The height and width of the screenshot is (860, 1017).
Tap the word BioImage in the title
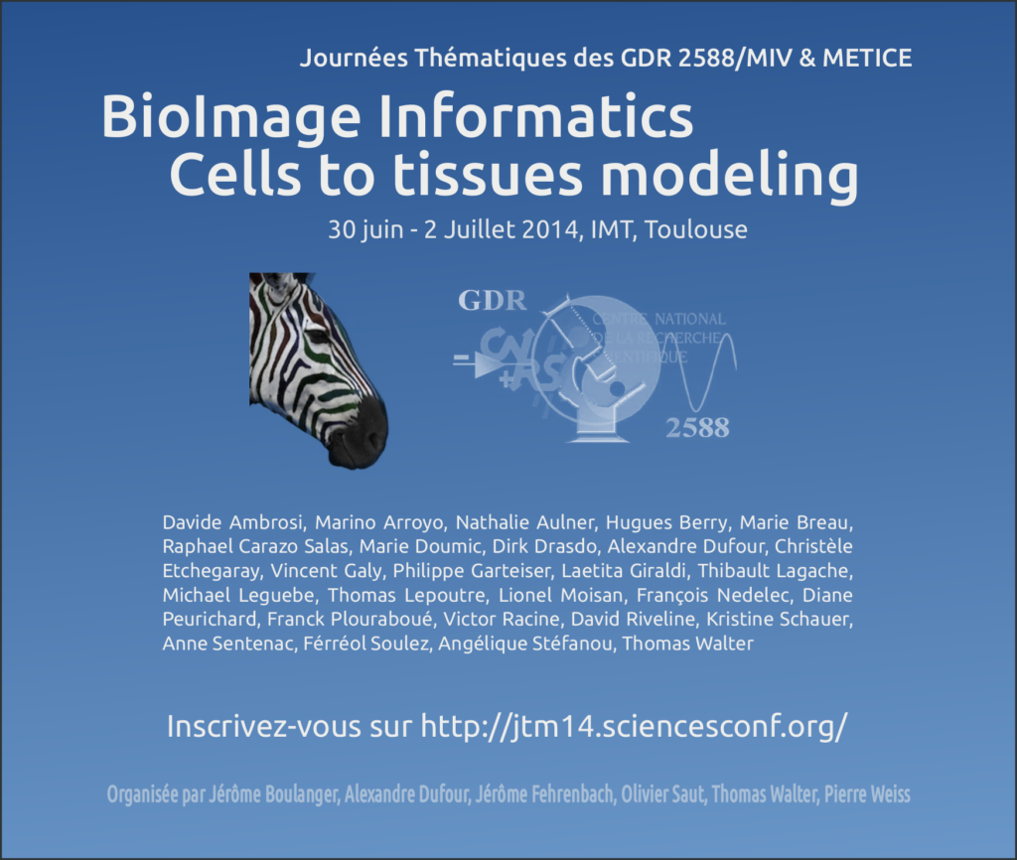229,119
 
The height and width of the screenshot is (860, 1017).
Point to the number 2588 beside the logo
696,428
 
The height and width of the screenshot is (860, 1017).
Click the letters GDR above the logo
492,300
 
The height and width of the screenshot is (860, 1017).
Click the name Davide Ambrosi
223,522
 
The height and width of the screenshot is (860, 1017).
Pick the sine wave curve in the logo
718,368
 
